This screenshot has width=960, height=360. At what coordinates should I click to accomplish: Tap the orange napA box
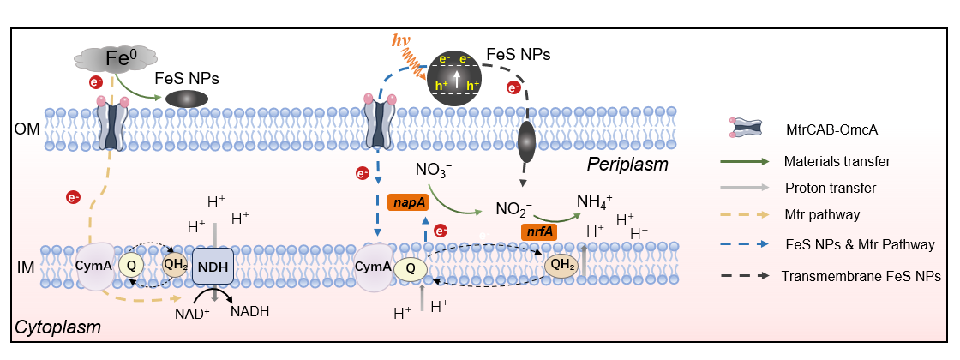[x=406, y=202]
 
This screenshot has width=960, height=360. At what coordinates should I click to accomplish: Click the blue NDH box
[x=214, y=267]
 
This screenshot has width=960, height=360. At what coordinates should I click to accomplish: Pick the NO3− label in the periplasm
[x=434, y=169]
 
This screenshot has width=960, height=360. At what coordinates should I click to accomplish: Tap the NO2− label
[x=514, y=207]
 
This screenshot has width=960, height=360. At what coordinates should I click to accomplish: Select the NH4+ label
[x=595, y=201]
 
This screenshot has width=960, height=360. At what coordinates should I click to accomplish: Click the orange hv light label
[x=401, y=40]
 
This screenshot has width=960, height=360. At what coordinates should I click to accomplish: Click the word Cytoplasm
[x=57, y=327]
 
